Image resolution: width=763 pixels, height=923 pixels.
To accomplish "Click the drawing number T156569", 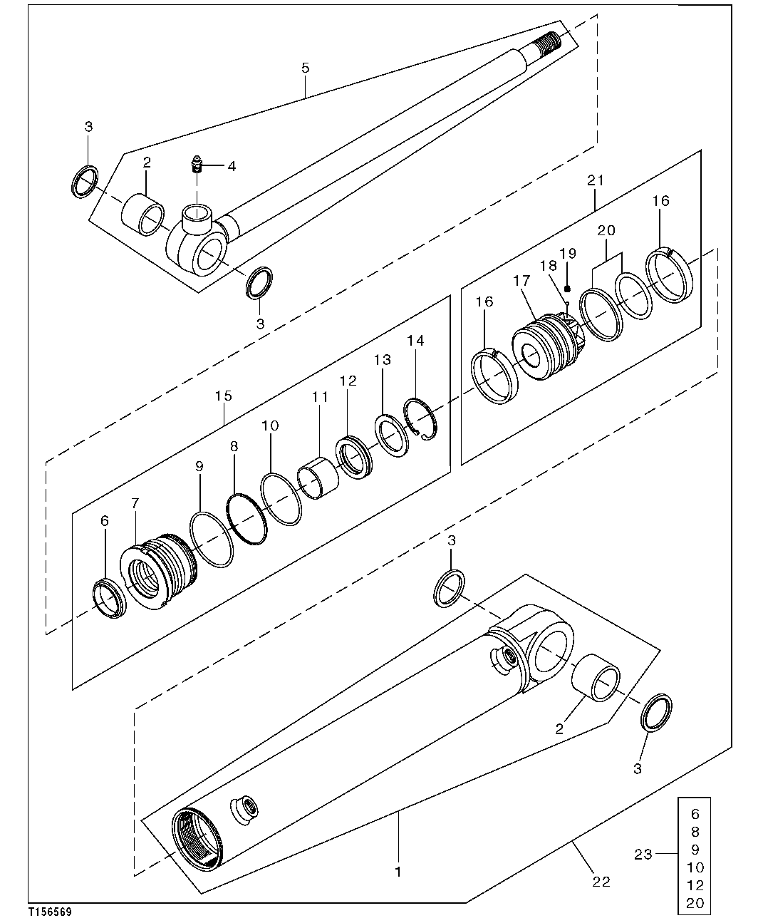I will pos(50,912).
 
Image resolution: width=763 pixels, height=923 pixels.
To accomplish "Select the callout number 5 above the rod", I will pos(306,68).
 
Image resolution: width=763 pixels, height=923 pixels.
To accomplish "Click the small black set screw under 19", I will pos(568,288).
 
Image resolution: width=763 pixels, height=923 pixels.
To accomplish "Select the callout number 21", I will pos(596,180).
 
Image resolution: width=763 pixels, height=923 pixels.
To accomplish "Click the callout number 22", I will pos(601,882).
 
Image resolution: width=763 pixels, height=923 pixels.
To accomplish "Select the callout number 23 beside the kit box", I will pos(643,853).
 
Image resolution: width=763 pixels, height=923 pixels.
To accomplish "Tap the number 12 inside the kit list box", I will pos(695,885).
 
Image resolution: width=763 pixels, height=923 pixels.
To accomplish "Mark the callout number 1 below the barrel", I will pos(398,871).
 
